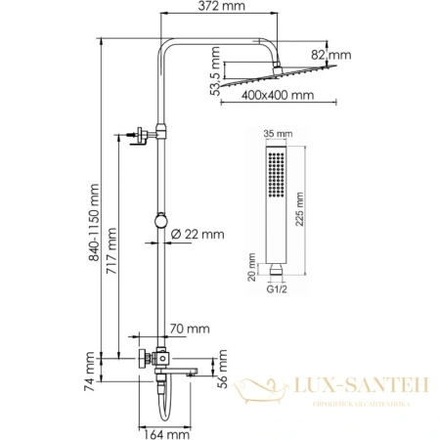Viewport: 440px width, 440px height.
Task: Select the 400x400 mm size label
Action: [x=277, y=97]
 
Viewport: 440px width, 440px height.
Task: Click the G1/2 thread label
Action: [x=277, y=290]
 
